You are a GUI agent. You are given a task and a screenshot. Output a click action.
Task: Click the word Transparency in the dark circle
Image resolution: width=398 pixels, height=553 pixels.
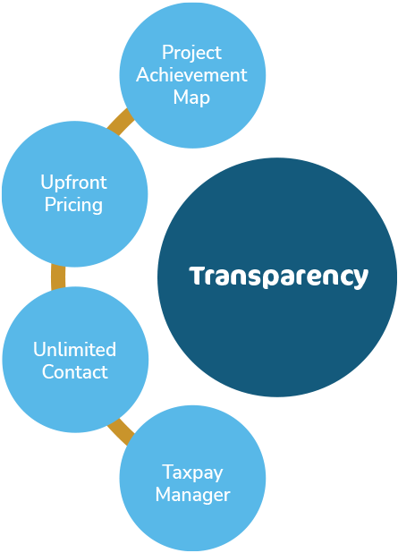[x=278, y=276]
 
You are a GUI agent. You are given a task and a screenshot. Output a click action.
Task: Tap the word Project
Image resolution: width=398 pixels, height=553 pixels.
[x=191, y=54]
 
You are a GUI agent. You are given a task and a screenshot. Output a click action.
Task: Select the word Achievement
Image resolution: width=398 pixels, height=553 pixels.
[x=191, y=75]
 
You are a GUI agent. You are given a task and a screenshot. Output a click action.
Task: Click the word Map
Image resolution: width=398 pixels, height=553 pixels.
[x=191, y=98]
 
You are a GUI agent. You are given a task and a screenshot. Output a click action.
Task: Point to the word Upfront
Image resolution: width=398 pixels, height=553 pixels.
[x=73, y=183]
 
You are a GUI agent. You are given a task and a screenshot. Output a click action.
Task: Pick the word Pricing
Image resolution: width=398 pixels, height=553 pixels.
[x=73, y=206]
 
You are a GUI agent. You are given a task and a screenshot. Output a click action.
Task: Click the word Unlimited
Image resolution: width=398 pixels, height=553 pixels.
[x=75, y=350]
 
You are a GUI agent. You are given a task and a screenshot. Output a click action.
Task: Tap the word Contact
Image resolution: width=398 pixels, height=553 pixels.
[x=75, y=372]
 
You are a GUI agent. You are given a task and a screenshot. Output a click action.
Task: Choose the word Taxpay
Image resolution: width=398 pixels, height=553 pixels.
[x=192, y=473]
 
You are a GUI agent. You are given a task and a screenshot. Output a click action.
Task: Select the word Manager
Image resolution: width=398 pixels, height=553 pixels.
[x=193, y=495]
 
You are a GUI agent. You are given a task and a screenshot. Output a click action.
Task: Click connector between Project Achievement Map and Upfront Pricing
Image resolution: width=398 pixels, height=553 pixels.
[x=121, y=122]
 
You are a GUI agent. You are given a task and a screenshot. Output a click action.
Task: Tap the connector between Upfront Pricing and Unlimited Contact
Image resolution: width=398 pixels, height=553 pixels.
[x=58, y=277]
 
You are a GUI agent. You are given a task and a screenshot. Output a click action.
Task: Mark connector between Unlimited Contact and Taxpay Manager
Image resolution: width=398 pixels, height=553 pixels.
[x=121, y=431]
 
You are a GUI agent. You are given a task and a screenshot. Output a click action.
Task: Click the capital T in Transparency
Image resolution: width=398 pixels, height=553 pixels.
[x=198, y=276]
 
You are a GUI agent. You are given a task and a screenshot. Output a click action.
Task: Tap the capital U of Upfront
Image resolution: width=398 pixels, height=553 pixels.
[x=47, y=183]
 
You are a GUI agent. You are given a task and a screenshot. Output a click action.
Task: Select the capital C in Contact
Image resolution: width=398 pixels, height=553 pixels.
[x=49, y=372]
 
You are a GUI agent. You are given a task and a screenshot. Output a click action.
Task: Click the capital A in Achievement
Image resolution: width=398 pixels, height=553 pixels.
[x=144, y=75]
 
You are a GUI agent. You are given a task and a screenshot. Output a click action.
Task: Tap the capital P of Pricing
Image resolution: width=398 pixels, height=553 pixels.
[x=50, y=205]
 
